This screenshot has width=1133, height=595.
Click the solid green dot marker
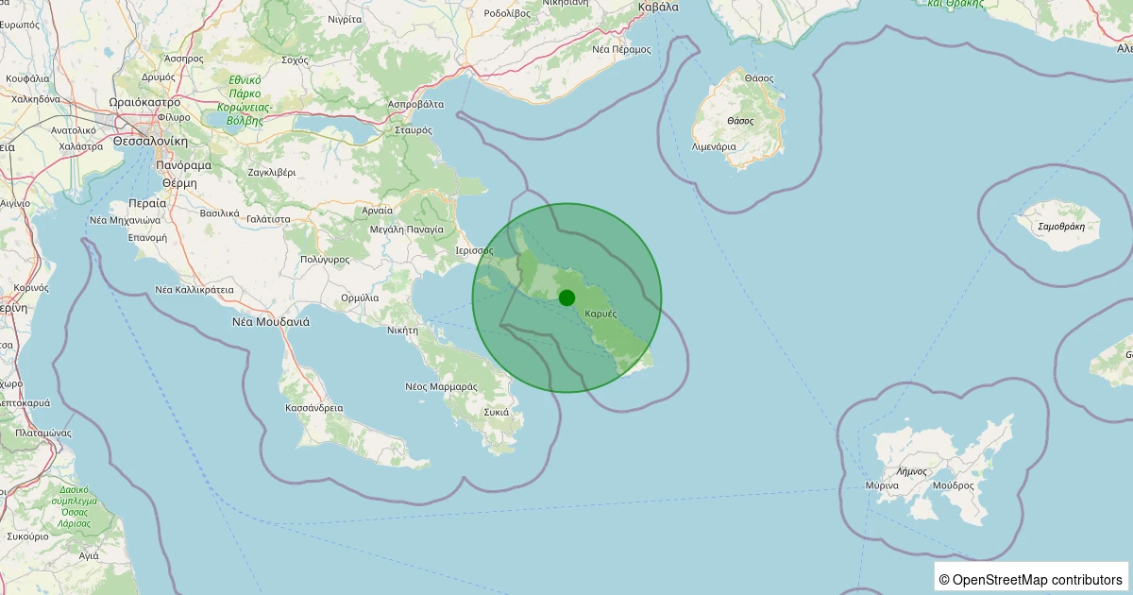566,297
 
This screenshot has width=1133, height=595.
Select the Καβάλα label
658,7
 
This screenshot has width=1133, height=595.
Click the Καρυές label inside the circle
600,313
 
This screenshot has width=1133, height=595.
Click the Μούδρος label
953,485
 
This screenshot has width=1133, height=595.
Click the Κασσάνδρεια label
313,408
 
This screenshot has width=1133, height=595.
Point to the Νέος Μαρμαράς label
441,386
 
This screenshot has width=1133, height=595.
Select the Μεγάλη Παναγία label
407,229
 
